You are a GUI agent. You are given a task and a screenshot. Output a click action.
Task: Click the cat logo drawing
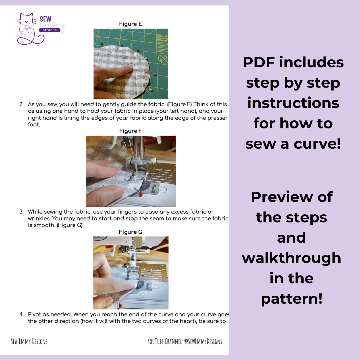27,28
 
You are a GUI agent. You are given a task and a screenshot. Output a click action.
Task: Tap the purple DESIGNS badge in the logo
50,30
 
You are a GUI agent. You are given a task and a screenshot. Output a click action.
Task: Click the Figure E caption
130,24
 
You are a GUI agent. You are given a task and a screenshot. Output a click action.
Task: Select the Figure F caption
130,131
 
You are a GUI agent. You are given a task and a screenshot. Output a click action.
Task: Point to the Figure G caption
130,232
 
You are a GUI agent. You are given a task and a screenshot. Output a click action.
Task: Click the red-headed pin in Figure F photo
141,193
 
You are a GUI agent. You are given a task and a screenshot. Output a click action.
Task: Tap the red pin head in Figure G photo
119,304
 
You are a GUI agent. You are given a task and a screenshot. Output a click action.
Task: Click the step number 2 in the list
21,104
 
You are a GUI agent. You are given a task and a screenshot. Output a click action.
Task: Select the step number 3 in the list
21,212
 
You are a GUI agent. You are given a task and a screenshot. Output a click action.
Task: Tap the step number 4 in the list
21,314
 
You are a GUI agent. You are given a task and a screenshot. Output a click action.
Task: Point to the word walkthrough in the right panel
291,258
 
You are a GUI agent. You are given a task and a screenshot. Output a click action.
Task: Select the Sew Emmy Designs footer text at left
29,341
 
